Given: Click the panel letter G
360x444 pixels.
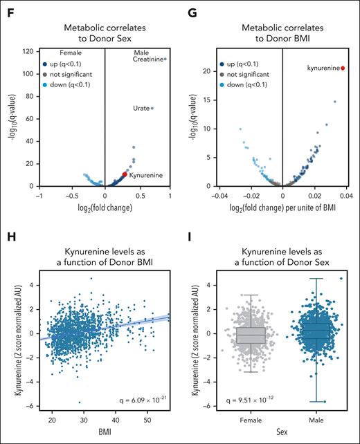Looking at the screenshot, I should (193, 10).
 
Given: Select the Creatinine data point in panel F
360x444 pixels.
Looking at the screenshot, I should (165, 59).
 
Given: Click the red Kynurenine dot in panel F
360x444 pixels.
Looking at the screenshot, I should (125, 175).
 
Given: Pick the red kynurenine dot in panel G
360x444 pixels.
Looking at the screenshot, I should (342, 68).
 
